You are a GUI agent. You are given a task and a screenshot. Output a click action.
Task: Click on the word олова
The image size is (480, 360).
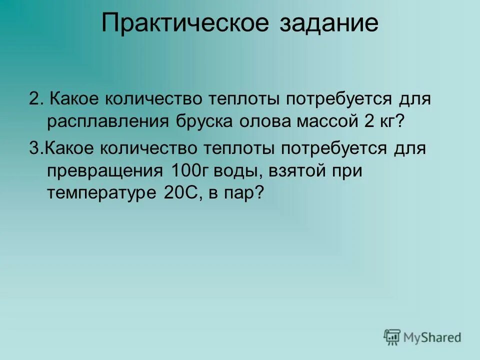(266, 122)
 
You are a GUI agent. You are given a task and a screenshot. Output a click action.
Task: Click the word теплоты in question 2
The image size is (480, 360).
(236, 98)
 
